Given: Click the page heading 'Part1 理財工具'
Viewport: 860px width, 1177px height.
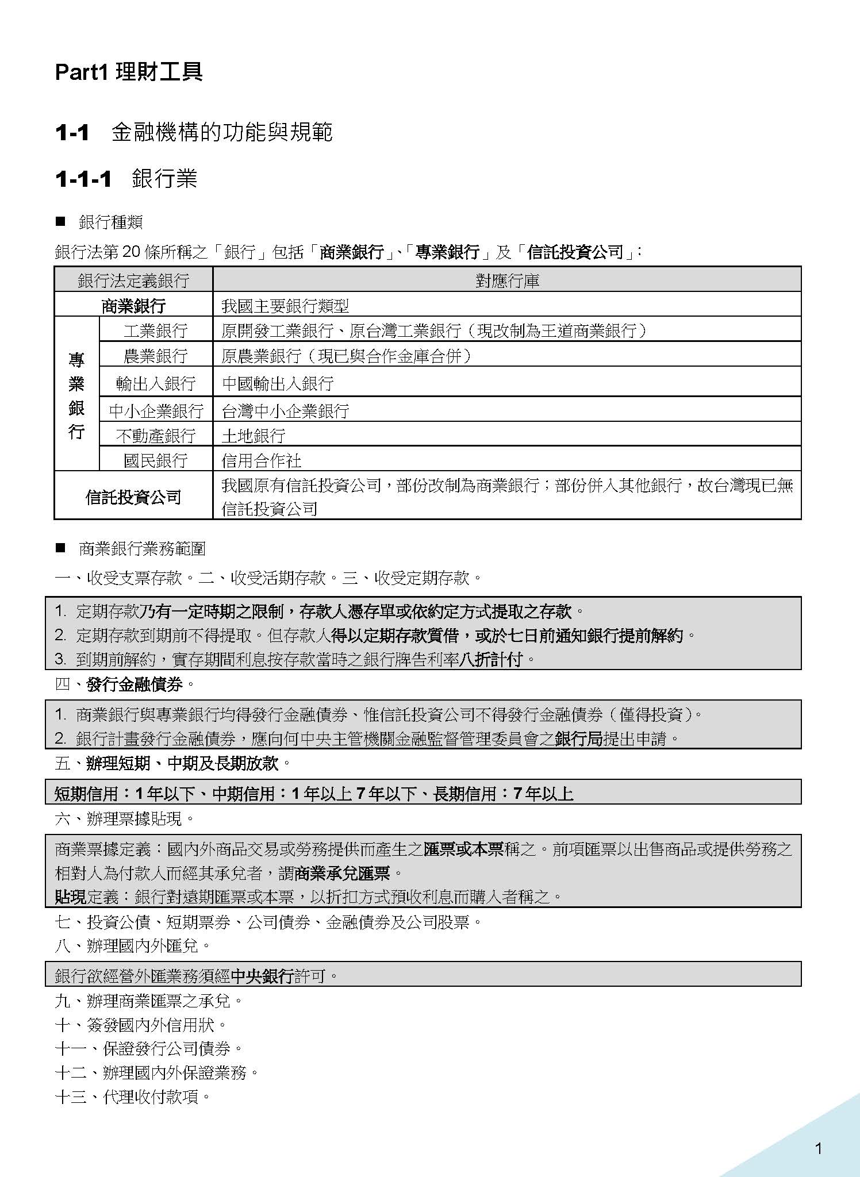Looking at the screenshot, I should (x=129, y=72).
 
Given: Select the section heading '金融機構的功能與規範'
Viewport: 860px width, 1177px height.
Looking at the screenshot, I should (x=222, y=133).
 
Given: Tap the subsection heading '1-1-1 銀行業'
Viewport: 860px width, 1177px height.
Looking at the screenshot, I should (x=126, y=179).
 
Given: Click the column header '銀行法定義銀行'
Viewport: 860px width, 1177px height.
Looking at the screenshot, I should (x=133, y=280).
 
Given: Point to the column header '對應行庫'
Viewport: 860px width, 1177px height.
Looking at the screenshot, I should (x=507, y=280).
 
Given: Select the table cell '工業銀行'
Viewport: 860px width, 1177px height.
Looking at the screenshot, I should (x=156, y=330).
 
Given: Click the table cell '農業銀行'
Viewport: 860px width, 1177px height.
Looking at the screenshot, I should (x=156, y=356).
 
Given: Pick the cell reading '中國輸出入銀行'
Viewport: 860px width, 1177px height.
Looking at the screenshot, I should (x=278, y=383).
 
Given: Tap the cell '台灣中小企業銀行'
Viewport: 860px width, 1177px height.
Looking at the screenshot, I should (x=286, y=410).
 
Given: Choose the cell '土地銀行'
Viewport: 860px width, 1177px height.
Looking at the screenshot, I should (x=254, y=435).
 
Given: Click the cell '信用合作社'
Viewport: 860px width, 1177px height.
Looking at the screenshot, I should (x=262, y=460).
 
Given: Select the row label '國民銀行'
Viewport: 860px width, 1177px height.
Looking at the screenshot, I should (x=156, y=460).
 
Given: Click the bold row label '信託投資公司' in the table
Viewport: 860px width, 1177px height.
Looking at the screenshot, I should (x=133, y=497).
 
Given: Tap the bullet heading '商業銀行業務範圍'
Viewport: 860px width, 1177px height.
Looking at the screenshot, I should (x=142, y=549).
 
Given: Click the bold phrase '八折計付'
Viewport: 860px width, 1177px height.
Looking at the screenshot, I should (x=491, y=659).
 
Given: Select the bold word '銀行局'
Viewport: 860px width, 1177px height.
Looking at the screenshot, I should (x=579, y=738).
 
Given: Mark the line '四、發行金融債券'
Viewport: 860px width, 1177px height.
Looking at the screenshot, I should (x=125, y=684).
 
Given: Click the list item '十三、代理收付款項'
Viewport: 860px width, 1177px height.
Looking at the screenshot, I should (x=133, y=1097).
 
